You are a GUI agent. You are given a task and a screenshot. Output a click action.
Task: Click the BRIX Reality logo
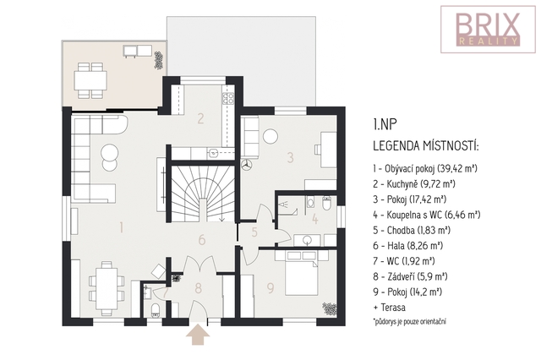pyautogui.click(x=488, y=30)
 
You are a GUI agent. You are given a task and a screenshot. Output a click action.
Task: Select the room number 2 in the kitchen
pyautogui.click(x=201, y=118)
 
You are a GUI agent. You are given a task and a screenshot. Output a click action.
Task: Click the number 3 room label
pyautogui.click(x=291, y=157)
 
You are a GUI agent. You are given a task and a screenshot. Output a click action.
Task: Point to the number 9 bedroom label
pyautogui.click(x=270, y=288)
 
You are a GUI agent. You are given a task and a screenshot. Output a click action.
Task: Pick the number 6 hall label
pyautogui.click(x=202, y=240)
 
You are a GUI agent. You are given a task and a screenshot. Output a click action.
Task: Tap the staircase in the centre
pyautogui.click(x=203, y=194)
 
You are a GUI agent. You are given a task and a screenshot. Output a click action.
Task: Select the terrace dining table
pyautogui.click(x=90, y=80)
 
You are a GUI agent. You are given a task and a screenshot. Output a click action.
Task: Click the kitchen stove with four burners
pyautogui.click(x=227, y=99)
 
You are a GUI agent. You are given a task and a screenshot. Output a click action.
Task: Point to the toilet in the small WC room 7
pyautogui.click(x=156, y=309)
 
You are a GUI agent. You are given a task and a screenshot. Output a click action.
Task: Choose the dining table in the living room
pyautogui.click(x=107, y=288)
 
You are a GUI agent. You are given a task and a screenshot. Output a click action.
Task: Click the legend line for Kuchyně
pyautogui.click(x=414, y=183)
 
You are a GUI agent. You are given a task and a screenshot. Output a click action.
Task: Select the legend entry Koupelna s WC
pyautogui.click(x=426, y=215)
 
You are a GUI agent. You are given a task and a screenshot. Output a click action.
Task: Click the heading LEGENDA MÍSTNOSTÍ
pyautogui.click(x=426, y=146)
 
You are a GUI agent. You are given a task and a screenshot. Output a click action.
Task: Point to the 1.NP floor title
pyautogui.click(x=383, y=124)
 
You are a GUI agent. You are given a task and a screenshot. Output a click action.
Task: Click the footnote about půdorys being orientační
pyautogui.click(x=409, y=322)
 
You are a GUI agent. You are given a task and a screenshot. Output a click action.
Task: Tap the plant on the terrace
pyautogui.click(x=158, y=60)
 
